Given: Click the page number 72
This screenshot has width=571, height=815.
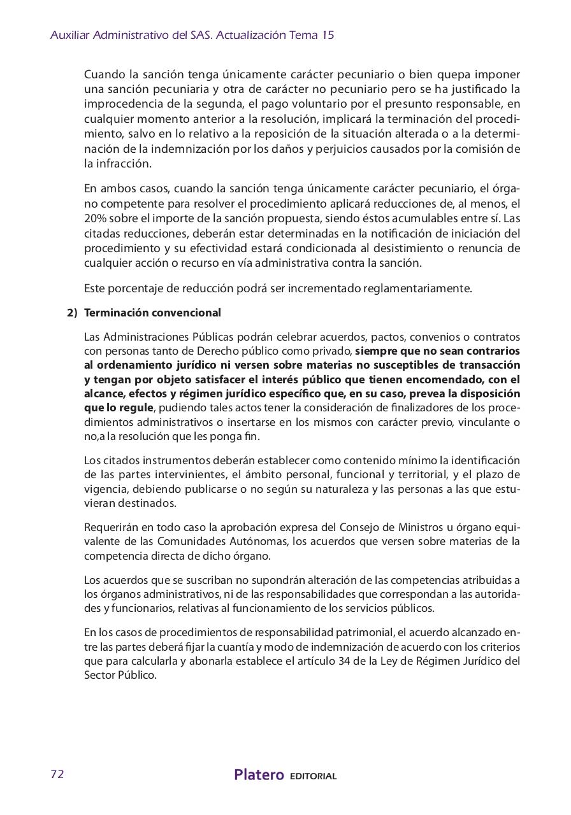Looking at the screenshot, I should pos(57,774).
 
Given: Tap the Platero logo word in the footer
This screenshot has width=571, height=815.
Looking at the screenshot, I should pos(259,775).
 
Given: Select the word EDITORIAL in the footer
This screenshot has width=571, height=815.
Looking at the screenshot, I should pos(313,776).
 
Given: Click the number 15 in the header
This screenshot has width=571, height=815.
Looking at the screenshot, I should pos(328,36).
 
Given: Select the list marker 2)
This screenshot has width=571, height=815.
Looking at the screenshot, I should pos(72,313).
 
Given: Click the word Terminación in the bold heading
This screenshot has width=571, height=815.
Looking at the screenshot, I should pos(116,313).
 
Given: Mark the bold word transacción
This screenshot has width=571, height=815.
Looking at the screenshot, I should pos(486,365).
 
